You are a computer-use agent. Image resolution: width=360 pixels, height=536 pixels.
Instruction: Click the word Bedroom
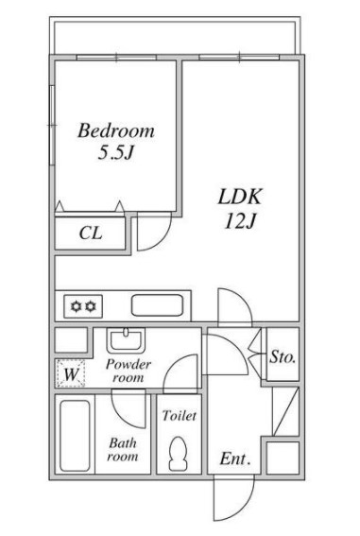116,130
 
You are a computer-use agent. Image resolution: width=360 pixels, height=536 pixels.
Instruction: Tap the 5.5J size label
115,153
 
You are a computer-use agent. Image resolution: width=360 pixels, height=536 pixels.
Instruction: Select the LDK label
239,197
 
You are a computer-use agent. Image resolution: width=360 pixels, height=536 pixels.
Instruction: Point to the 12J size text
239,221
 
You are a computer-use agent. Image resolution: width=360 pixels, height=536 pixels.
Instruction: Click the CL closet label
91,233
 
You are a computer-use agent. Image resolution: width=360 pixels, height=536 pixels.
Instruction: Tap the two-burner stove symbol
83,306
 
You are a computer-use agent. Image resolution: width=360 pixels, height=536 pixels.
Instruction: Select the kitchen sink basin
157,305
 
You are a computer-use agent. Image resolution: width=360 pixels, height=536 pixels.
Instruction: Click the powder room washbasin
126,339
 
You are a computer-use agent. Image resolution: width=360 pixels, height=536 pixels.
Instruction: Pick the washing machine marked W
70,373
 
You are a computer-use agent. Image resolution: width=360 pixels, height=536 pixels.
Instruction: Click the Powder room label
129,371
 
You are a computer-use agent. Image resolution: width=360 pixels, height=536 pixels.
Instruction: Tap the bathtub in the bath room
76,436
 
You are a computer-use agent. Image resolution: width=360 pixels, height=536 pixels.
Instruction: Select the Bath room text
123,450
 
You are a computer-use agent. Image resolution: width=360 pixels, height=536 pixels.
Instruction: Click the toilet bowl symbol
178,453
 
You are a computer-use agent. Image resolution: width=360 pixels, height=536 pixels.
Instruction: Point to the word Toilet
180,416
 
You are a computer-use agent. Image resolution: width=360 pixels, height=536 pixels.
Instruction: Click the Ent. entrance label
235,458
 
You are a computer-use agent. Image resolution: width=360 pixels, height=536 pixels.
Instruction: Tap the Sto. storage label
283,357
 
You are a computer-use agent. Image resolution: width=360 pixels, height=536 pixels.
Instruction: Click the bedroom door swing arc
163,239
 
